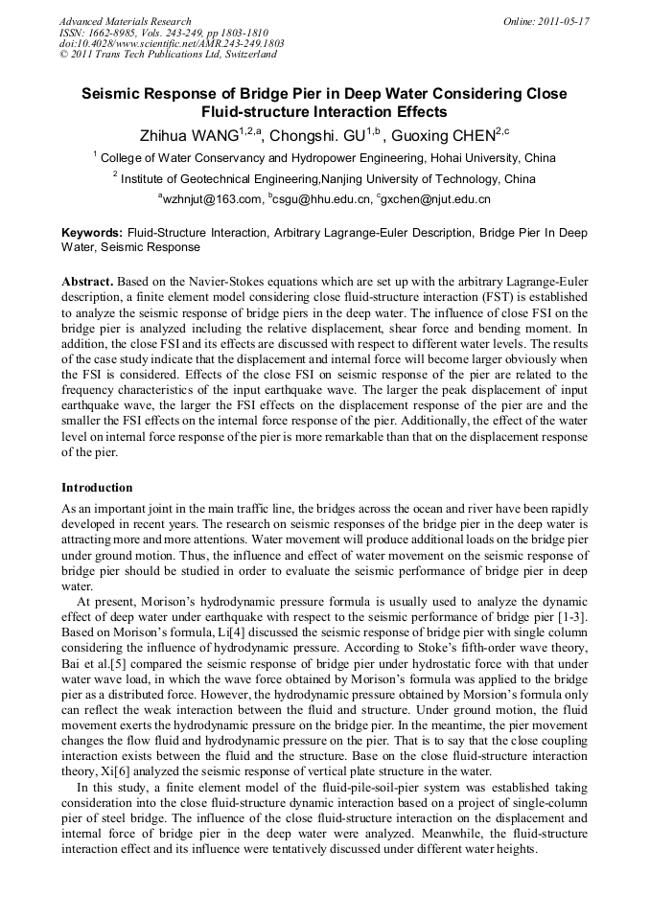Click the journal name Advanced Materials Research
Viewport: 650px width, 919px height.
[x=126, y=20]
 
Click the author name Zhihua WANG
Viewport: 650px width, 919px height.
[x=190, y=135]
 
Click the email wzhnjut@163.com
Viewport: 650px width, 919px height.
[x=210, y=199]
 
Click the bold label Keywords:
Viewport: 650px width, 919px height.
[x=92, y=233]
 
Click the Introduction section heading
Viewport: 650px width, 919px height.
[x=97, y=488]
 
